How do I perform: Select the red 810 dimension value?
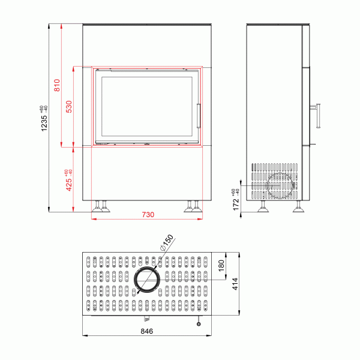pos(57,85)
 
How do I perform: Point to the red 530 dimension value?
pos(69,106)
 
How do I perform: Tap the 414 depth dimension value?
pos(236,283)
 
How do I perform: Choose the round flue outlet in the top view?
pos(147,280)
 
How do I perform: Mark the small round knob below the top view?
pos(198,323)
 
